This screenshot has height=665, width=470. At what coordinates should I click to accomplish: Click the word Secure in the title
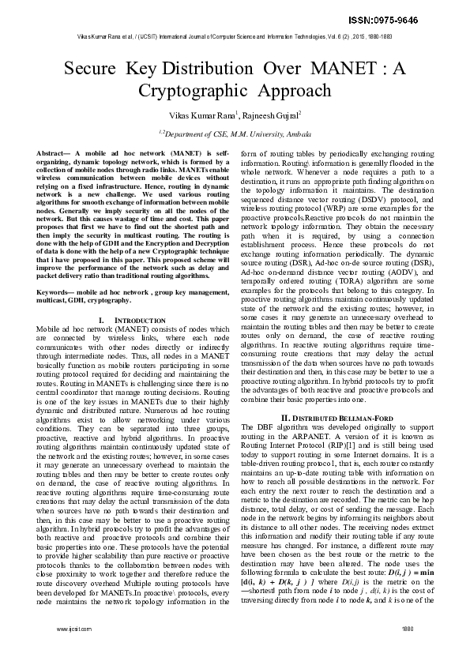coord(90,68)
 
